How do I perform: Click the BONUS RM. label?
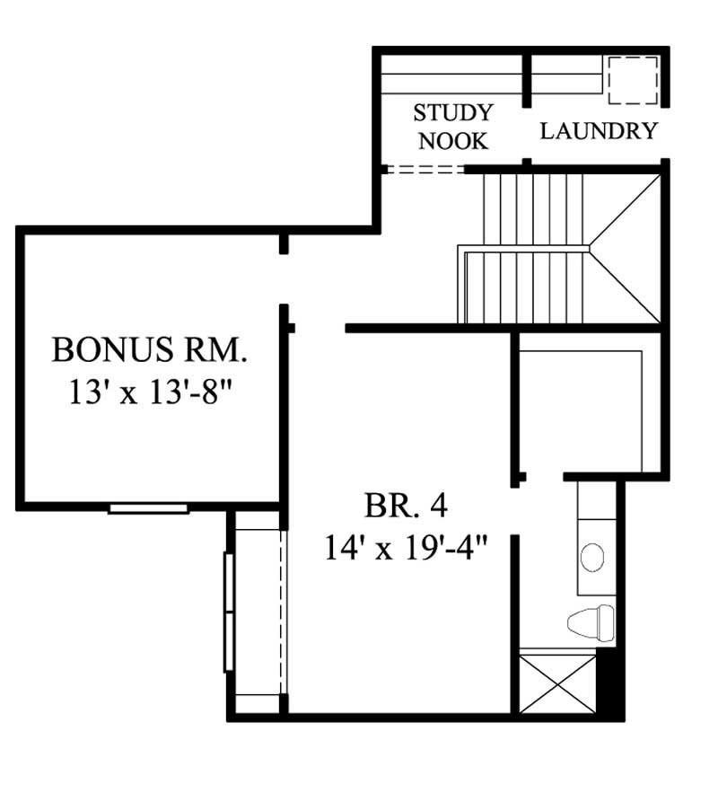[149, 349]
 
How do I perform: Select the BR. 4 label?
[406, 506]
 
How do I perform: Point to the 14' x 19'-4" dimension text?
[406, 547]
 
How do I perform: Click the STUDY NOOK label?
[453, 127]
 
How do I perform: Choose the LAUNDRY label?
[599, 131]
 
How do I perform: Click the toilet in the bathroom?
[591, 620]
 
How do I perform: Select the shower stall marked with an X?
[558, 683]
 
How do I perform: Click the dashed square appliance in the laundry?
[632, 81]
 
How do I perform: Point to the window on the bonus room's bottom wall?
[148, 508]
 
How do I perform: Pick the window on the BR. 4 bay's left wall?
[228, 612]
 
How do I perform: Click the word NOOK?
[453, 141]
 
